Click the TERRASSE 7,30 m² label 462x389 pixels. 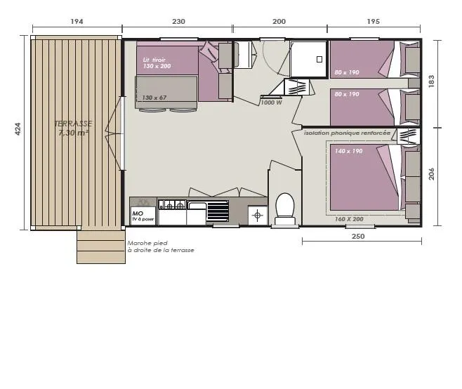73,128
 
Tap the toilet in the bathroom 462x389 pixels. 284,209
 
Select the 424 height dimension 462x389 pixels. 18,130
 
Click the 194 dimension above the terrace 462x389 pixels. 77,22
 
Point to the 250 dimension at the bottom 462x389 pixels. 358,237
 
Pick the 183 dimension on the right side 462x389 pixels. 432,82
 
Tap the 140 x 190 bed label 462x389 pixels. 348,152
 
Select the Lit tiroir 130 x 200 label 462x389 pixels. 157,62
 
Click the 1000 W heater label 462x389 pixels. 271,103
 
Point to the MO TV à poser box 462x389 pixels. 143,216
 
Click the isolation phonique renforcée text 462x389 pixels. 347,133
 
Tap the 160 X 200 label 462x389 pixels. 349,219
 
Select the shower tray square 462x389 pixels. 308,58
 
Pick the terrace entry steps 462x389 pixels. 100,246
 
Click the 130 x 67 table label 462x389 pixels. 154,98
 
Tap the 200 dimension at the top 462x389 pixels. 279,22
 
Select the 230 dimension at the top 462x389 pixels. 178,22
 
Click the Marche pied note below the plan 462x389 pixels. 161,246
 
